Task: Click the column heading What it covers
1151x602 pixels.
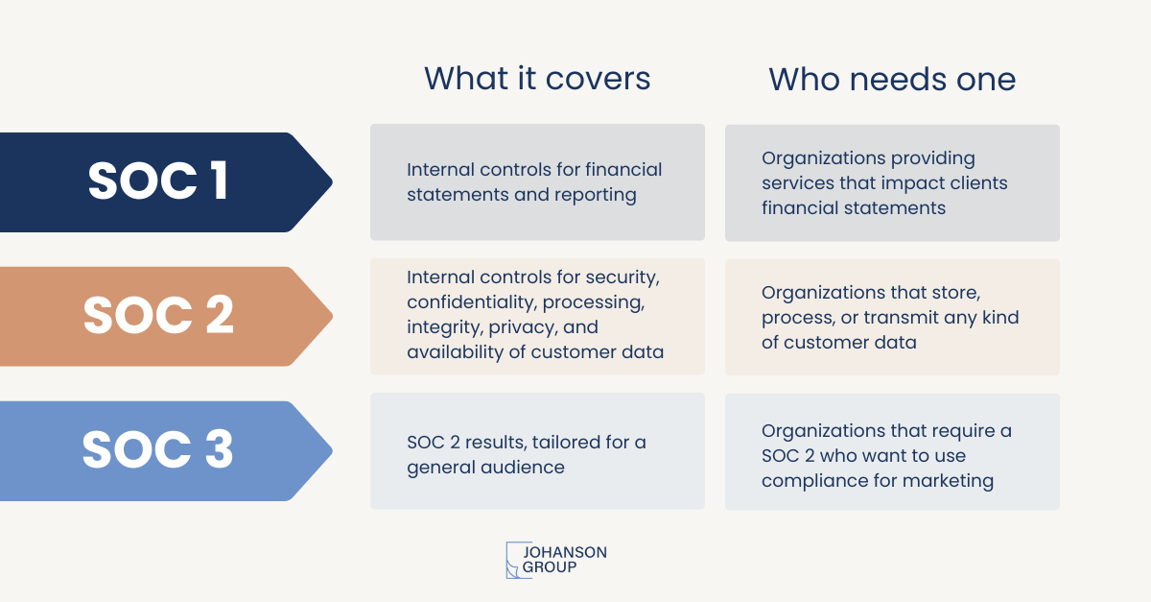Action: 537,79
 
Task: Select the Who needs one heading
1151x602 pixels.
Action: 892,80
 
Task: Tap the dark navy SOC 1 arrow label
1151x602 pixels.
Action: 166,182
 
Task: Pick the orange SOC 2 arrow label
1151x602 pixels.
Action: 166,317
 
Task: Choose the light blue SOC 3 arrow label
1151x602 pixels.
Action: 166,451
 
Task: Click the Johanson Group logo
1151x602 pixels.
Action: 556,560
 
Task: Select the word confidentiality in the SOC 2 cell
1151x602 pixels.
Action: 472,302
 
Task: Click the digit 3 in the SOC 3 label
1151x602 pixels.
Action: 220,449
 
